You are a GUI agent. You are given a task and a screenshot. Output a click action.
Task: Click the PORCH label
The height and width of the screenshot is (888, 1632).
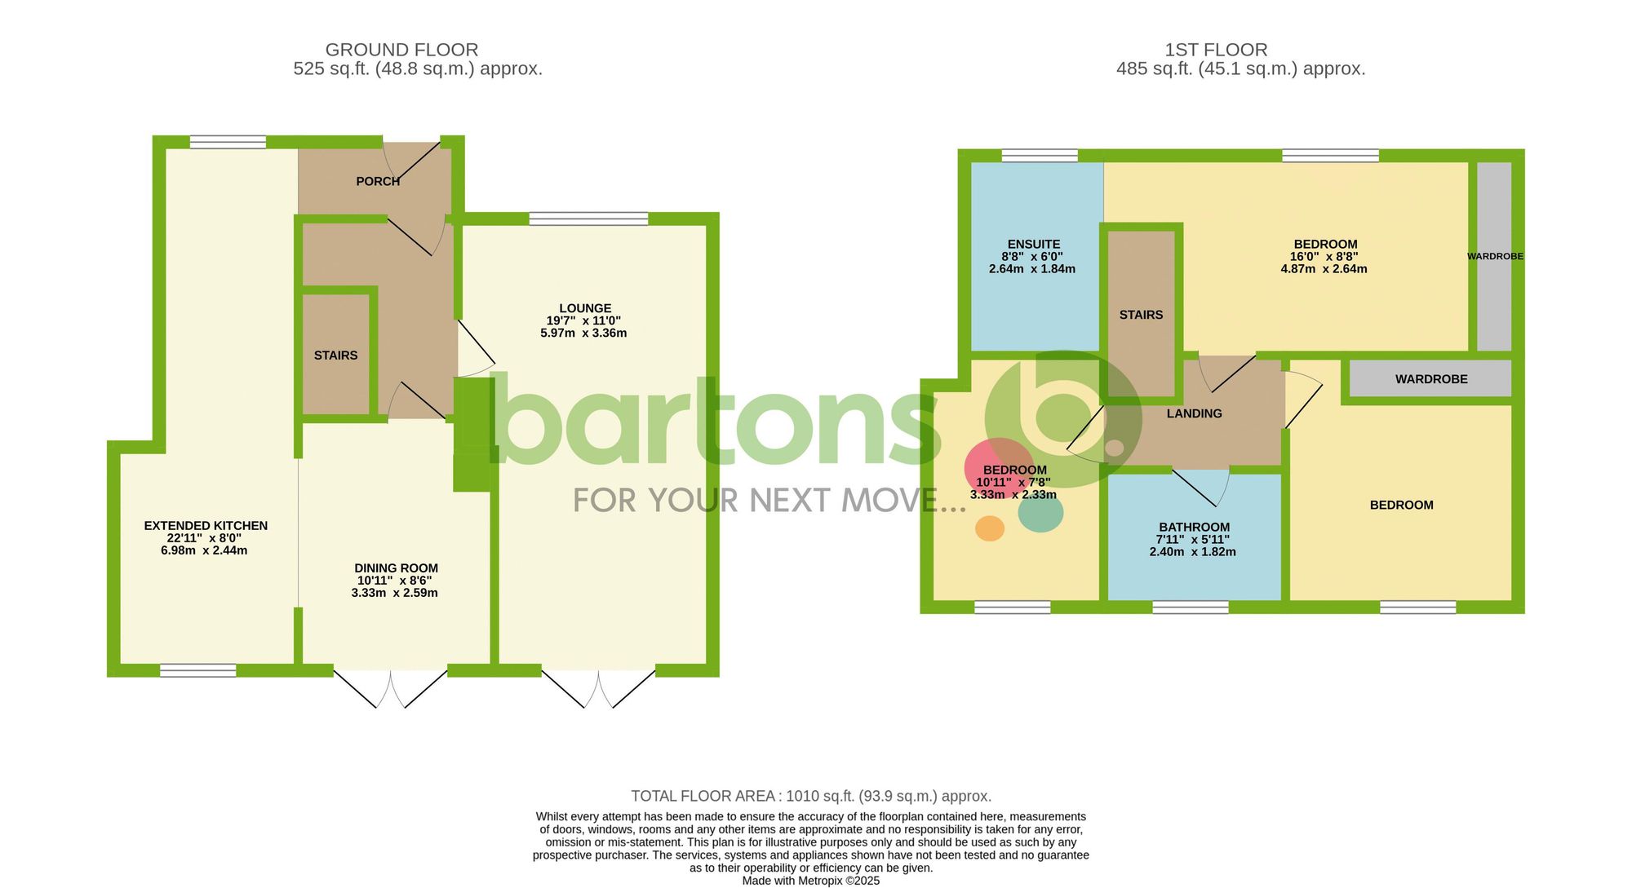pyautogui.click(x=378, y=181)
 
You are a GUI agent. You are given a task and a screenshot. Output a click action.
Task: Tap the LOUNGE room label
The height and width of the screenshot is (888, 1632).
pyautogui.click(x=585, y=308)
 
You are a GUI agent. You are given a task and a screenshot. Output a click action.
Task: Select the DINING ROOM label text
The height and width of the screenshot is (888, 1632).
pyautogui.click(x=396, y=568)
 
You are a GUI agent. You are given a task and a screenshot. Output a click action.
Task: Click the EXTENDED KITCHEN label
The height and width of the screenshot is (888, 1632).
pyautogui.click(x=206, y=526)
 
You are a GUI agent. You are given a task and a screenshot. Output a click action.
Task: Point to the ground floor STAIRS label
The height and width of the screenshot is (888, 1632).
pyautogui.click(x=335, y=356)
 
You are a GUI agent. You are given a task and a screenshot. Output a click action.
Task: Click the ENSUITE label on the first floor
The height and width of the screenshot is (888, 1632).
pyautogui.click(x=1034, y=244)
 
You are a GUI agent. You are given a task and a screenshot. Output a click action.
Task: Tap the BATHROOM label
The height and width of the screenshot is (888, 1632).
pyautogui.click(x=1194, y=528)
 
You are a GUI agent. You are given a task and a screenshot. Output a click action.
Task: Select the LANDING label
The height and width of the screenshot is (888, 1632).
pyautogui.click(x=1194, y=413)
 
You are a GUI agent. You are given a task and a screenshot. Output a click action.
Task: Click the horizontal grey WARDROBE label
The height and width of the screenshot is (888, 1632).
pyautogui.click(x=1431, y=379)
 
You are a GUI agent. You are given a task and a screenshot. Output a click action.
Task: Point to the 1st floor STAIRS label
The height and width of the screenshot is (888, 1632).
pyautogui.click(x=1141, y=315)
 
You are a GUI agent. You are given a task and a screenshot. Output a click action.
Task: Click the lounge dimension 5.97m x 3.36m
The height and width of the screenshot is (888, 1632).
pyautogui.click(x=583, y=333)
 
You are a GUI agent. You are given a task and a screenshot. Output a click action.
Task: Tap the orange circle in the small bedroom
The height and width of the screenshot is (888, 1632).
pyautogui.click(x=990, y=528)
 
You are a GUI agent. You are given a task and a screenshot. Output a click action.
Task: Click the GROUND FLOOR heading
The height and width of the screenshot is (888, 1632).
pyautogui.click(x=401, y=50)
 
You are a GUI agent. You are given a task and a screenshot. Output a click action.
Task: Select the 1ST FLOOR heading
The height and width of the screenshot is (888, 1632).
pyautogui.click(x=1216, y=50)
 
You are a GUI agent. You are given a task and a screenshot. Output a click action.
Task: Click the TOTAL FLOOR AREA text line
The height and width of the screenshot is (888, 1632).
pyautogui.click(x=811, y=796)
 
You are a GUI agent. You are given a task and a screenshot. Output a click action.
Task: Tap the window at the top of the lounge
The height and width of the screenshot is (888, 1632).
pyautogui.click(x=588, y=219)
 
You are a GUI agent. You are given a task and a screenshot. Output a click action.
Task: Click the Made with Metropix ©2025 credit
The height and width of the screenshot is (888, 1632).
pyautogui.click(x=810, y=881)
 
